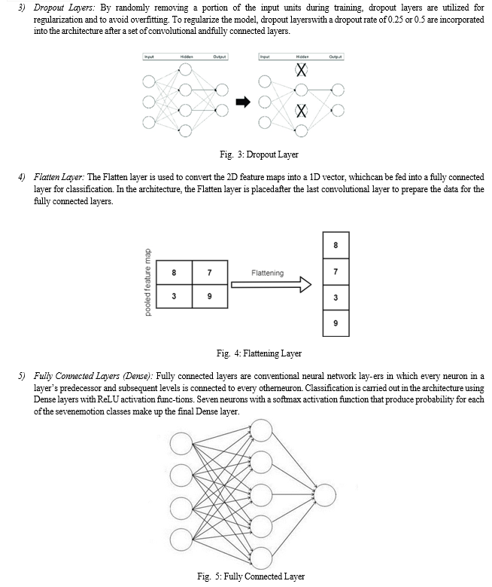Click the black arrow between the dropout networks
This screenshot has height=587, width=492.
coord(243,102)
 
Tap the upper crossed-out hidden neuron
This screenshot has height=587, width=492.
coord(302,69)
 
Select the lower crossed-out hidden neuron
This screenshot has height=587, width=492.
coord(302,111)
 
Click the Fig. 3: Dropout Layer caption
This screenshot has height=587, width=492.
coord(259,154)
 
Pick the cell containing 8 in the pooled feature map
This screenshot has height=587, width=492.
coord(174,273)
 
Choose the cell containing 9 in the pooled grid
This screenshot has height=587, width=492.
coord(210,296)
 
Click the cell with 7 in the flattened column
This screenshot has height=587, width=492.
coord(336,271)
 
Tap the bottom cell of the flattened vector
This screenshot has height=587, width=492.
coord(336,323)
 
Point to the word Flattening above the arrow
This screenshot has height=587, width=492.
coord(267,273)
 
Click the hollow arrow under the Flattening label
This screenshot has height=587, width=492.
coord(271,285)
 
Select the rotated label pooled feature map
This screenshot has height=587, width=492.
coord(148,283)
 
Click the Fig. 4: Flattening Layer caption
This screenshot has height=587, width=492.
coord(259,353)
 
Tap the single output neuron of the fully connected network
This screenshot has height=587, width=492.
coord(324,495)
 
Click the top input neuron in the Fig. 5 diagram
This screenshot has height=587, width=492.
coord(181,444)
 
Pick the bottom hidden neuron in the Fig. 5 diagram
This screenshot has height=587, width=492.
coord(261,558)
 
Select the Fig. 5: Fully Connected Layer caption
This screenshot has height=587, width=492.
coord(251,576)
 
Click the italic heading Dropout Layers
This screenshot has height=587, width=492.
coord(64,8)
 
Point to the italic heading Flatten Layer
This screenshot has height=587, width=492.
coord(59,177)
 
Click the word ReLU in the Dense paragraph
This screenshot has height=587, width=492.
coord(108,399)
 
